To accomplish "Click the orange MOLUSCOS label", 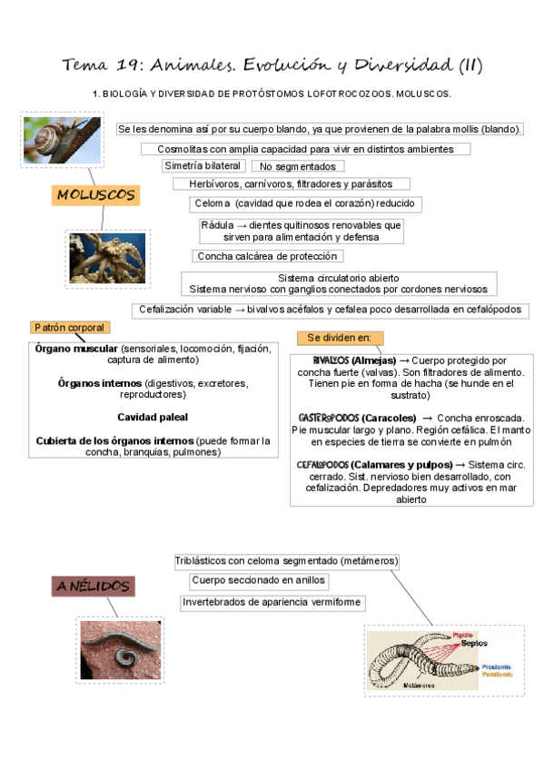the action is point(95,195).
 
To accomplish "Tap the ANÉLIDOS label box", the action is point(94,587).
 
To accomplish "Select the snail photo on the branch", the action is point(63,141).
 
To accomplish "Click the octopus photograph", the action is point(108,259).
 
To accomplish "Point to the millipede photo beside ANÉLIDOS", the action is point(121,649).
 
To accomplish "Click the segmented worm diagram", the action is point(443,661).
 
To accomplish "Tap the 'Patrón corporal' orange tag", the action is point(69,328).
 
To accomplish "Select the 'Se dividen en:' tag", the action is point(340,339).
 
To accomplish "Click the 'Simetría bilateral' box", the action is point(203,166).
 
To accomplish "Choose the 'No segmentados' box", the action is point(297,167).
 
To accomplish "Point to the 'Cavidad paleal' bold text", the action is point(153,417).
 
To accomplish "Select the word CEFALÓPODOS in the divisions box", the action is point(323,465).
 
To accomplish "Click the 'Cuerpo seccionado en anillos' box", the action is point(258,580).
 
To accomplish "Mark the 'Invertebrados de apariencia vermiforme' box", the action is point(272,602).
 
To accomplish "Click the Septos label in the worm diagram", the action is point(473,643).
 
